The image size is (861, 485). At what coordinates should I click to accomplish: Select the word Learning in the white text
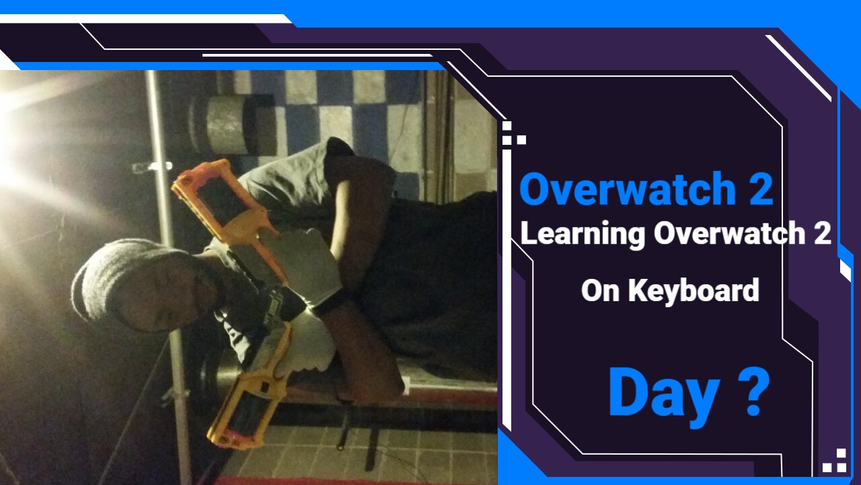pyautogui.click(x=583, y=234)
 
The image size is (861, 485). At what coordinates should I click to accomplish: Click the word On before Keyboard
pyautogui.click(x=600, y=291)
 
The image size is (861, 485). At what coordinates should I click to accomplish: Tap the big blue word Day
pyautogui.click(x=663, y=393)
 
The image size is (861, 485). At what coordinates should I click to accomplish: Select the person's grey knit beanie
pyautogui.click(x=108, y=283)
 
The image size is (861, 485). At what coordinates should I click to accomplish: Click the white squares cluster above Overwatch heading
pyautogui.click(x=512, y=134)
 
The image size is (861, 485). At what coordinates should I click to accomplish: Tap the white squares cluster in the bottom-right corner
pyautogui.click(x=835, y=461)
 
